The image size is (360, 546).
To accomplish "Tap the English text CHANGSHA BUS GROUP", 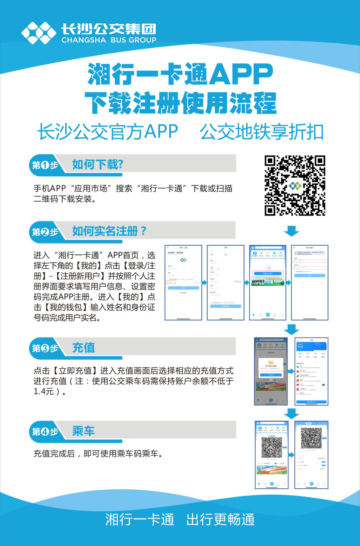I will pyautogui.click(x=108, y=40).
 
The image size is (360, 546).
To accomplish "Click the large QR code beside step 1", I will pyautogui.click(x=294, y=185).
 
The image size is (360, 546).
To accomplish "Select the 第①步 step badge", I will pyautogui.click(x=45, y=165).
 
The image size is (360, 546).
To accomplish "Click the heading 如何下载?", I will pyautogui.click(x=98, y=164).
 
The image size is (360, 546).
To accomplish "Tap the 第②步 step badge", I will pyautogui.click(x=45, y=232).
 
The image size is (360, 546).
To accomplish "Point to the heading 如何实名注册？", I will pyautogui.click(x=109, y=231).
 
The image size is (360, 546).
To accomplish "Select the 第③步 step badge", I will pyautogui.click(x=45, y=348).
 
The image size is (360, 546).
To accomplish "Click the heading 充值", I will pyautogui.click(x=83, y=347).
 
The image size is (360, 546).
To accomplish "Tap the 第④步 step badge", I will pyautogui.click(x=45, y=432).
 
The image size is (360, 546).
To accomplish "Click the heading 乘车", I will pyautogui.click(x=83, y=431).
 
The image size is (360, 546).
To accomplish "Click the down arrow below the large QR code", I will pyautogui.click(x=292, y=231).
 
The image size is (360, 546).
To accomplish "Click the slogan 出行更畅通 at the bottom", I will pyautogui.click(x=220, y=519).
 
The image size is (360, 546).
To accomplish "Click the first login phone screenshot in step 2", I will pyautogui.click(x=183, y=283).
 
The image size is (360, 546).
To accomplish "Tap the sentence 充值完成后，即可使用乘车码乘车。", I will pyautogui.click(x=98, y=453).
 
